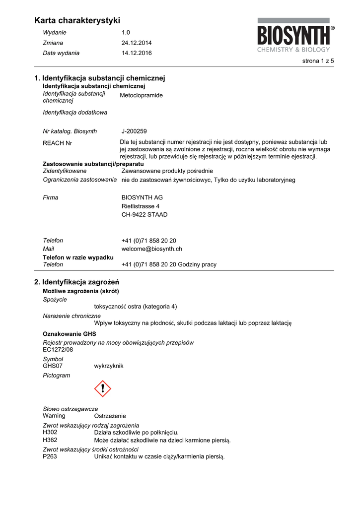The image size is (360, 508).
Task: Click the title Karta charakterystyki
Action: tap(77, 20)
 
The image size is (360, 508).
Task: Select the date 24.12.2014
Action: tap(137, 43)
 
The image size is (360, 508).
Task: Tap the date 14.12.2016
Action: tap(137, 53)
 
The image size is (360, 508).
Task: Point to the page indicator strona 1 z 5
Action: tap(318, 61)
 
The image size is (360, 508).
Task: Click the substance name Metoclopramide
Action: tap(141, 95)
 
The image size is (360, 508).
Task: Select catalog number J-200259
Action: tap(134, 131)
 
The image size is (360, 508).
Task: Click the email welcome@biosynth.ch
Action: tap(151, 249)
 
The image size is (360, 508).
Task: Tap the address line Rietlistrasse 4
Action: tap(141, 206)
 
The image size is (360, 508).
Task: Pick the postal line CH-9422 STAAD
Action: tap(144, 215)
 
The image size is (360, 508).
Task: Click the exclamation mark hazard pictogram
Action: tap(103, 388)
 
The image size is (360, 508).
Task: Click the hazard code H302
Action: tap(50, 432)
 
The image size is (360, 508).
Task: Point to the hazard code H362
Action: tap(50, 440)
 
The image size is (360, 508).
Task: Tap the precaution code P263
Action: tap(50, 456)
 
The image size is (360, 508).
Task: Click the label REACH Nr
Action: tap(58, 143)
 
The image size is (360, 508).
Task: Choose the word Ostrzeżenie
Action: tap(110, 416)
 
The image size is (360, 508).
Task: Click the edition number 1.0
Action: tap(126, 32)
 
